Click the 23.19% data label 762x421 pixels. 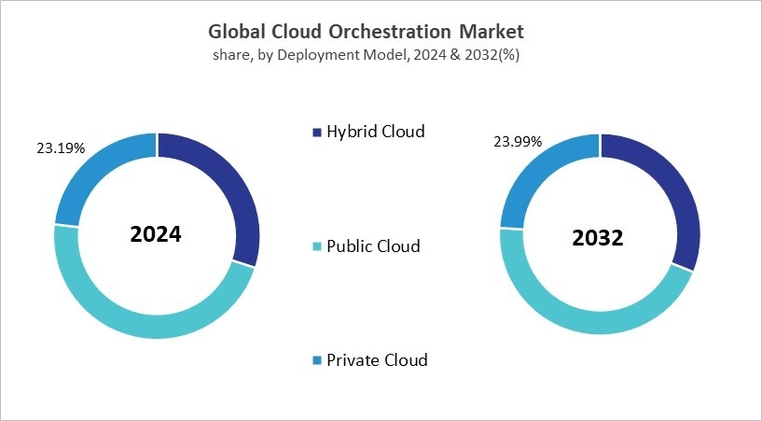click(x=61, y=147)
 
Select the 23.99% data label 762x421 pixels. click(x=518, y=142)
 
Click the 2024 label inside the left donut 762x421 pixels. click(x=156, y=234)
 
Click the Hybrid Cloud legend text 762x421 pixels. click(x=375, y=132)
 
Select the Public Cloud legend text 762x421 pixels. click(x=373, y=246)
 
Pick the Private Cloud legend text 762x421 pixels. click(x=377, y=359)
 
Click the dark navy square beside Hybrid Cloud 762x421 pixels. click(x=316, y=133)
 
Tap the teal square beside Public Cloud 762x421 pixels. click(x=316, y=247)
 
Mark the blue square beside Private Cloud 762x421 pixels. click(x=316, y=360)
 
